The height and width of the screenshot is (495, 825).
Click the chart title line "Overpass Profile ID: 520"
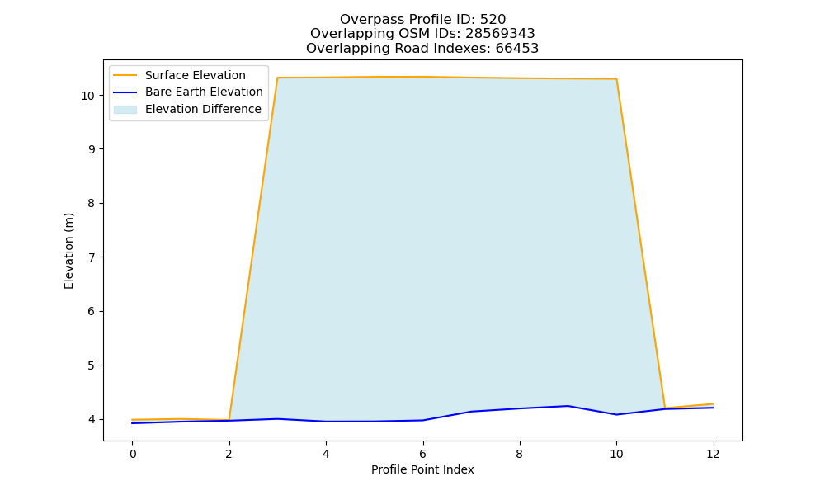[x=422, y=20]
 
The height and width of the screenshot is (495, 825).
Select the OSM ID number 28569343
[x=500, y=34]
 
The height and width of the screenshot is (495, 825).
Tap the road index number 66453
[x=517, y=49]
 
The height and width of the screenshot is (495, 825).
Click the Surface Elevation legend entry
[x=180, y=75]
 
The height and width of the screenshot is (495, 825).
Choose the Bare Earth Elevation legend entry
[x=188, y=92]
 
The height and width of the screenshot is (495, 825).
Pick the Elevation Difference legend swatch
[x=125, y=110]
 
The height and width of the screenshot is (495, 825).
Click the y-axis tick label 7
[x=92, y=257]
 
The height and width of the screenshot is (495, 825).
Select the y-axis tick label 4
[x=92, y=419]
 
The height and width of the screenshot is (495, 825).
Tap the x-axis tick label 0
[x=133, y=454]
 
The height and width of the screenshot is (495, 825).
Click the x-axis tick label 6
[x=422, y=454]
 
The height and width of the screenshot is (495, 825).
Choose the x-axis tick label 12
[x=713, y=454]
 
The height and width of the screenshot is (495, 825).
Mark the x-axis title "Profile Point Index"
[x=422, y=469]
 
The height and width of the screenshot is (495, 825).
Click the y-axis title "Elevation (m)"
[x=69, y=251]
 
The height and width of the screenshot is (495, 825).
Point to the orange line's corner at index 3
[x=278, y=78]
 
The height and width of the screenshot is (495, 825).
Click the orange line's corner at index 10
[x=616, y=79]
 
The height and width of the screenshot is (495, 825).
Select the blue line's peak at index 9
[x=568, y=406]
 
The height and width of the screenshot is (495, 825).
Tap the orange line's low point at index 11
[x=664, y=408]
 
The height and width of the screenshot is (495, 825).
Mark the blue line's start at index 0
[x=133, y=423]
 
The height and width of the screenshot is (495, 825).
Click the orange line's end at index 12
[x=713, y=404]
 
